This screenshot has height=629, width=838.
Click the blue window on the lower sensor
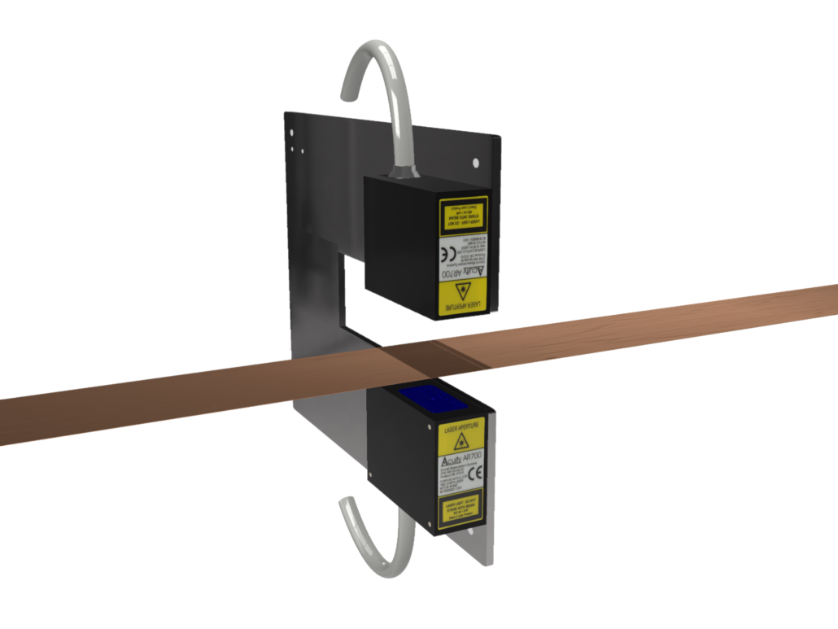coord(430,400)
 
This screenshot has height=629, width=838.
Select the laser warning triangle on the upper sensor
coord(465,289)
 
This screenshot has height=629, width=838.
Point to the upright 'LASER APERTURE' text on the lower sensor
coord(461,426)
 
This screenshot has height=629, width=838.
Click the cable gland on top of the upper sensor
coord(404,171)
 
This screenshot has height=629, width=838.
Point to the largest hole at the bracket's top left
coord(303,150)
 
